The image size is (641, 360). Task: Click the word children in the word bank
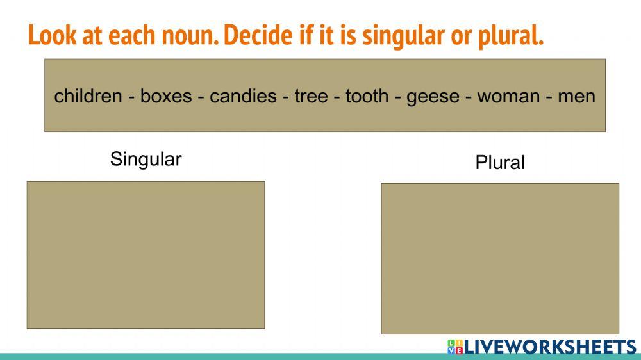[88, 96]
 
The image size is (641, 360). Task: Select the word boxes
[166, 96]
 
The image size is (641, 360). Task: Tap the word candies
[244, 96]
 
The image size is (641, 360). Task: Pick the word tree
[311, 96]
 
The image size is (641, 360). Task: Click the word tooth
[367, 96]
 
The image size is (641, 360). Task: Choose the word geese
[433, 96]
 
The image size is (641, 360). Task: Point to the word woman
[509, 96]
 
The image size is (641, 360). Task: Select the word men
[577, 96]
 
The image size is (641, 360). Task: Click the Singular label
[146, 159]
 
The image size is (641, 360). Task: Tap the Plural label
[500, 163]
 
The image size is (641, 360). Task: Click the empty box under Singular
[146, 255]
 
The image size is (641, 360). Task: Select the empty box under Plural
[500, 258]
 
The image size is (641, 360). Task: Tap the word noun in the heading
[188, 36]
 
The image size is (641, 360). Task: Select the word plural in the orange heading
[510, 36]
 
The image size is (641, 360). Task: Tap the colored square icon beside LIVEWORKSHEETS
[454, 347]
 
